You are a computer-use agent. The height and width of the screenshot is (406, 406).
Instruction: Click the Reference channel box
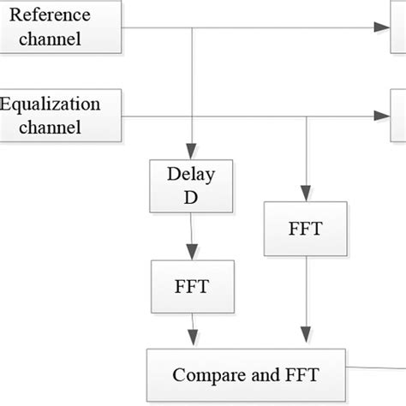[x=60, y=28]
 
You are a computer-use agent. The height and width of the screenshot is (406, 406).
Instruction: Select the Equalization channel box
[x=60, y=116]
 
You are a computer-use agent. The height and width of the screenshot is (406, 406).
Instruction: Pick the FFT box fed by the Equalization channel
[x=307, y=229]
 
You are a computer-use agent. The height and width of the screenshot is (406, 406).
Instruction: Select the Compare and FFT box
[x=247, y=373]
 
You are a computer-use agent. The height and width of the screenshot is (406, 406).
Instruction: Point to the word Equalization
[x=51, y=105]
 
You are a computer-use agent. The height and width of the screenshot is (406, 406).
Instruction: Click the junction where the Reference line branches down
[x=191, y=28]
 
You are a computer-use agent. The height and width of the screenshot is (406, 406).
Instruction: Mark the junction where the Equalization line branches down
[x=307, y=116]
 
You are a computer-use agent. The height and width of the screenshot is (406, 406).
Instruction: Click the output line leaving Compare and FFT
[x=377, y=369]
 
